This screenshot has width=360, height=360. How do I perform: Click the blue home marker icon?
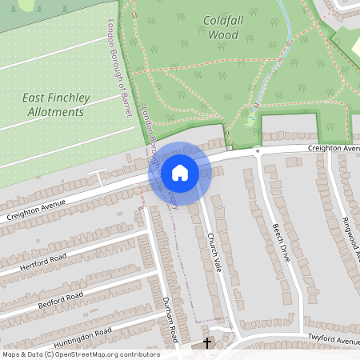pos(179,172)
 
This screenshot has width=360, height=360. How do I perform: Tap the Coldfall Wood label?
pos(223,28)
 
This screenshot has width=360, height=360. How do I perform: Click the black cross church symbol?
pos(207,343)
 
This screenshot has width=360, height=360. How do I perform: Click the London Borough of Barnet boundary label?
pos(118,68)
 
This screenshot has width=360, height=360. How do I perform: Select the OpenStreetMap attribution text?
pos(81,354)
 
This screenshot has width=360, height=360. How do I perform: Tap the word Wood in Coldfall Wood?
pos(223,35)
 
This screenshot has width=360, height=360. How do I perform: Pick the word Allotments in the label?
pos(56,114)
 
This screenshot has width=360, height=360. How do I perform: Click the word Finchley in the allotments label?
pos(69,98)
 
